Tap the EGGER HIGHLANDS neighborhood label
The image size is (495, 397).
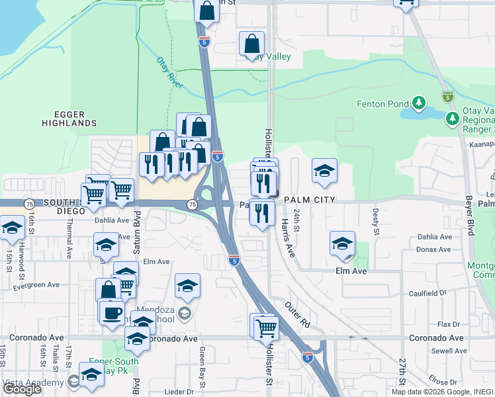69,118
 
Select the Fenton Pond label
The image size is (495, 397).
382,104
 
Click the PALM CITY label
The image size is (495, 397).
310,200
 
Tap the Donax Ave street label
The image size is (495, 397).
434,249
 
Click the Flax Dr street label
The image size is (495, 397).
448,324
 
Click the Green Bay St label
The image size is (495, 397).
202,361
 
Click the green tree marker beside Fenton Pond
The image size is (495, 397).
418,103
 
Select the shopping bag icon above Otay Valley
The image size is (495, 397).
251,44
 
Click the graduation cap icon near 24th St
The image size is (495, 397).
324,171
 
